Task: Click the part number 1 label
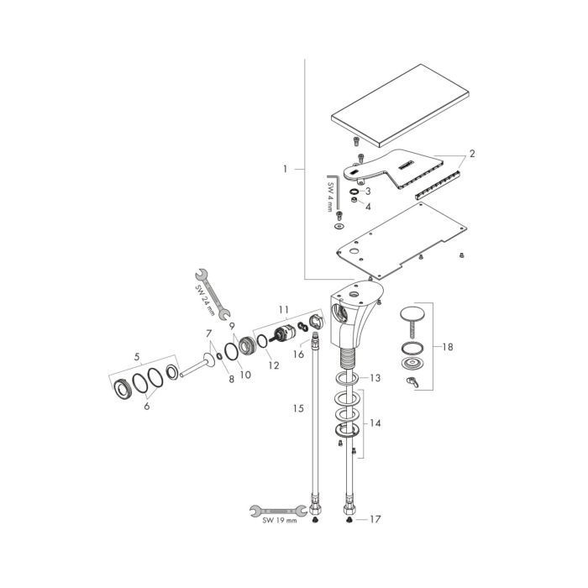tap(285, 169)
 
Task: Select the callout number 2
tap(472, 154)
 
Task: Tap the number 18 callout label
tap(448, 347)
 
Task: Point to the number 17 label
tap(375, 519)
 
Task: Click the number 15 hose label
tap(298, 408)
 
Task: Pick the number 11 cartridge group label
tap(284, 310)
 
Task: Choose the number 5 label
tap(137, 357)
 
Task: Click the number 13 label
tap(375, 378)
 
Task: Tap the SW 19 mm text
tap(280, 520)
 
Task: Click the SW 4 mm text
tap(330, 197)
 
